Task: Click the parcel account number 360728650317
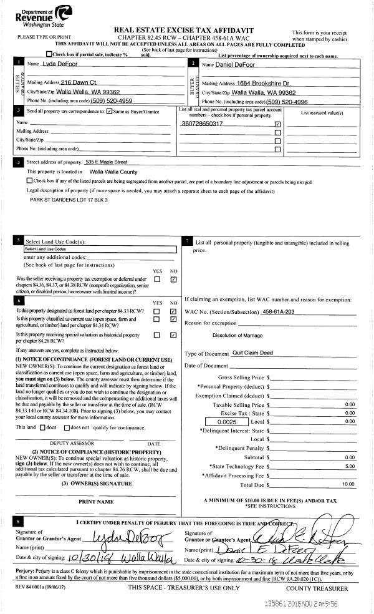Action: [x=202, y=124]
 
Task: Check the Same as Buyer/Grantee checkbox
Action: [x=110, y=112]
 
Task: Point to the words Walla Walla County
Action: [x=117, y=170]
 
